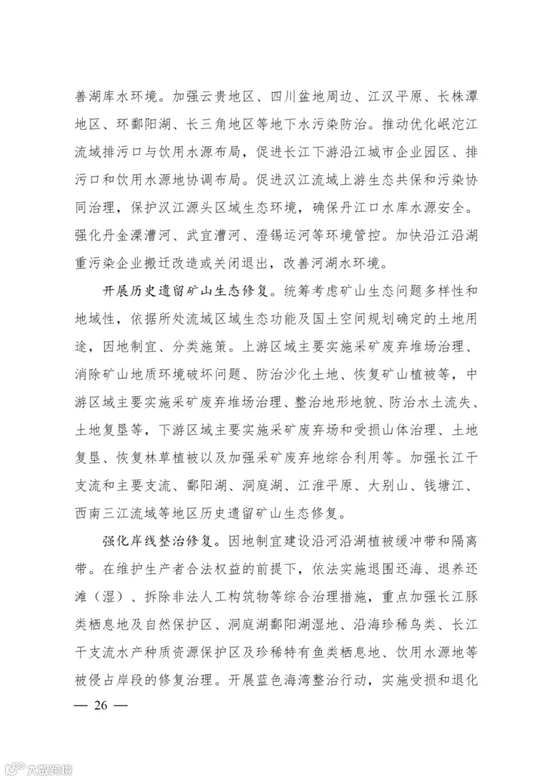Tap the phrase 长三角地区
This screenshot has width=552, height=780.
[224, 124]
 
